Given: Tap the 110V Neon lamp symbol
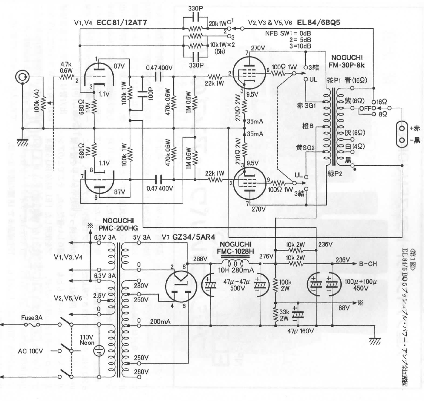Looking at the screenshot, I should point(100,351).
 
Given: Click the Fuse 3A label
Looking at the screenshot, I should point(32,318).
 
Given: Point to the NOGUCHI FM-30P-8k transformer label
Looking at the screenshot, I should point(347,61).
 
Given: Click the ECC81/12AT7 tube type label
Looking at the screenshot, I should point(122,23).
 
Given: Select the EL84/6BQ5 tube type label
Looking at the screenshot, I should point(318,23).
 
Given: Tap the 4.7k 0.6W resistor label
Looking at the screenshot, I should point(66,67).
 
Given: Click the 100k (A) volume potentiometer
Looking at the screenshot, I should point(44,103).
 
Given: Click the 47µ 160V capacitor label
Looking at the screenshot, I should point(300,331).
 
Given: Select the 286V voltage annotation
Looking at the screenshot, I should point(200,259).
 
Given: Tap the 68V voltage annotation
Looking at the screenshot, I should point(344,308).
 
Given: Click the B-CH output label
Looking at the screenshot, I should point(368,264).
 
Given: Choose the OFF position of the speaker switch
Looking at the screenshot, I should point(365,108).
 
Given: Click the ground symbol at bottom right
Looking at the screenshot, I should point(375,340).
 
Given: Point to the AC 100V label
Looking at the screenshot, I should point(30,351).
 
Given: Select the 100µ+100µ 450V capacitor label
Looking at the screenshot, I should point(360,285).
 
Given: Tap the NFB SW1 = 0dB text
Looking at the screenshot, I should point(288,33).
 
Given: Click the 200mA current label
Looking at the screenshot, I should point(160,322).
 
